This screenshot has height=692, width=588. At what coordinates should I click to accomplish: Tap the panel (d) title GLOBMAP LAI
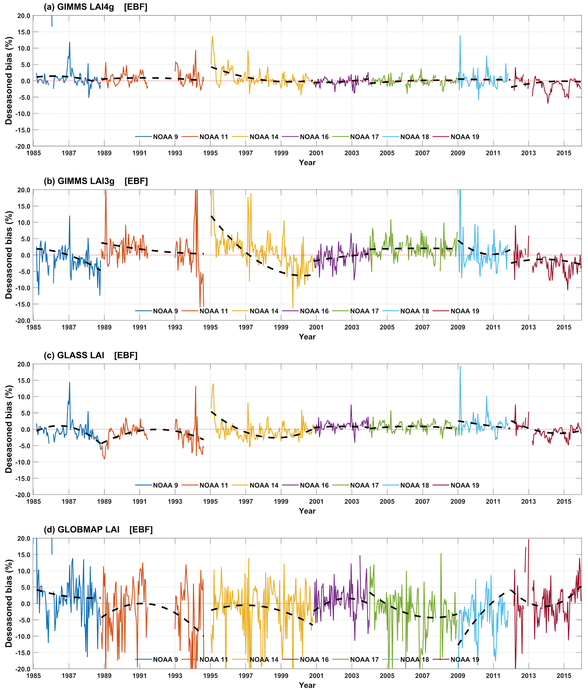[x=88, y=530]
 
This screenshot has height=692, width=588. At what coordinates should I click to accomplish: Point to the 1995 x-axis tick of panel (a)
[x=210, y=153]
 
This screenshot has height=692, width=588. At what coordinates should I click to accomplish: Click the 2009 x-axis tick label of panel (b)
[x=458, y=327]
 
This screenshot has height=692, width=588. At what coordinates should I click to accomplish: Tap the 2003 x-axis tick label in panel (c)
[x=352, y=502]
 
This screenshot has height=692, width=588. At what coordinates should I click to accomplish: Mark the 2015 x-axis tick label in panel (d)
[x=564, y=676]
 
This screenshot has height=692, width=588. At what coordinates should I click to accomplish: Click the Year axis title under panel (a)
[x=307, y=163]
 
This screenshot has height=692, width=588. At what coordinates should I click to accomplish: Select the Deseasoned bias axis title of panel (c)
[x=9, y=429]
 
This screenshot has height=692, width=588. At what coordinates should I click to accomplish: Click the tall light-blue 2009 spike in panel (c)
[x=460, y=367]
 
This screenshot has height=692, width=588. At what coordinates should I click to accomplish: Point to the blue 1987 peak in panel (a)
[x=70, y=42]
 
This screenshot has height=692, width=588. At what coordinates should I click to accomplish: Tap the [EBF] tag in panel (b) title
[x=136, y=181]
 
